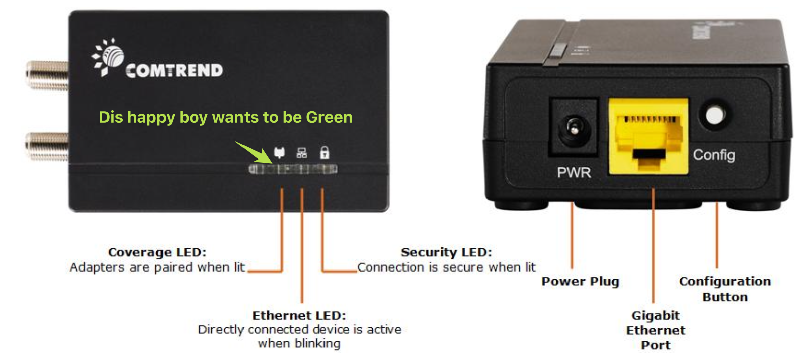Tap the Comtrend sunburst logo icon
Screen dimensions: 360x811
pyautogui.click(x=108, y=57)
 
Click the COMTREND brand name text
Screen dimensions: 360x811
pyautogui.click(x=174, y=71)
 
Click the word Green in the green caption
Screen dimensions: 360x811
pyautogui.click(x=329, y=117)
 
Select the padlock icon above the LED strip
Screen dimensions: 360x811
pyautogui.click(x=325, y=152)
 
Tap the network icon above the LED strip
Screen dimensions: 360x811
pyautogui.click(x=302, y=153)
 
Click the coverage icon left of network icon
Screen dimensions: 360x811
pyautogui.click(x=279, y=153)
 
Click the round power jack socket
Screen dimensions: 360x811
pyautogui.click(x=574, y=128)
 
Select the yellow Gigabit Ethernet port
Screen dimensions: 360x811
pyautogui.click(x=648, y=136)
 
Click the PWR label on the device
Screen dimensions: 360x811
pyautogui.click(x=574, y=173)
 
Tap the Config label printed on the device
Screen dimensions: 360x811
pyautogui.click(x=714, y=155)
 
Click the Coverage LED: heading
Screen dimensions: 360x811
pyautogui.click(x=157, y=252)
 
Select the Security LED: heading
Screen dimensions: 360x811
pyautogui.click(x=446, y=252)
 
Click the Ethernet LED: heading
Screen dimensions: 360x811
pyautogui.click(x=299, y=316)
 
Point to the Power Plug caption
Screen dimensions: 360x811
pyautogui.click(x=580, y=282)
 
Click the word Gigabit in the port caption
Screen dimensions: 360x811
pyautogui.click(x=656, y=316)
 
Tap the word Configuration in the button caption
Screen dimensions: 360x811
pyautogui.click(x=725, y=281)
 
